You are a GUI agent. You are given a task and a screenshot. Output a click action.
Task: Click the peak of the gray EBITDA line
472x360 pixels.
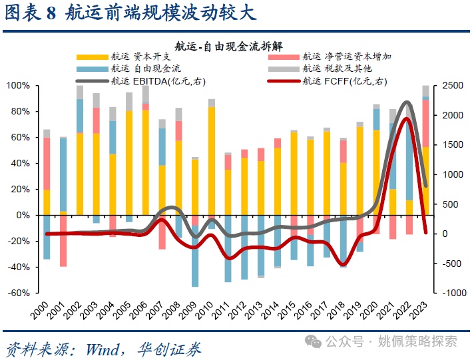(x=407, y=102)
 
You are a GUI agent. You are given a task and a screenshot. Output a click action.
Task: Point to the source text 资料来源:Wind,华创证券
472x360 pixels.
(x=103, y=348)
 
